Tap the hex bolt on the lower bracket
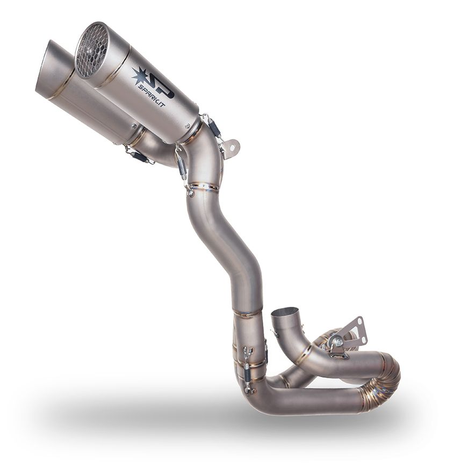(337, 340)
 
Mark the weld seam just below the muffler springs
(205, 188)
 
